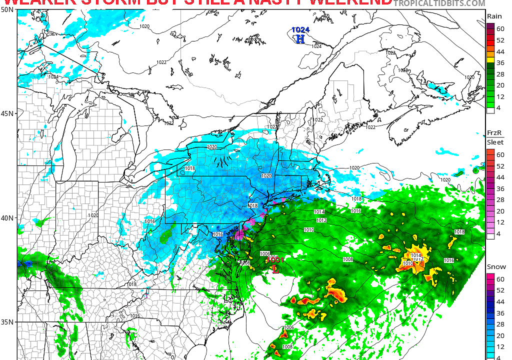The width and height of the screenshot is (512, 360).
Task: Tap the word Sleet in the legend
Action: [x=495, y=142]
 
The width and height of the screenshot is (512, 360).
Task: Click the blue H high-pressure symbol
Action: [x=300, y=38]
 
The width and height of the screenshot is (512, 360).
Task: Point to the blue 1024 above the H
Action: [x=300, y=30]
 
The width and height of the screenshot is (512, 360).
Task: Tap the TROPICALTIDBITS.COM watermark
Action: [x=439, y=3]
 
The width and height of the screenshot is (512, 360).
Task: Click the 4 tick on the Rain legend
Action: [x=500, y=107]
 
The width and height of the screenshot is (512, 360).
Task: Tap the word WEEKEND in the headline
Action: [x=350, y=2]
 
